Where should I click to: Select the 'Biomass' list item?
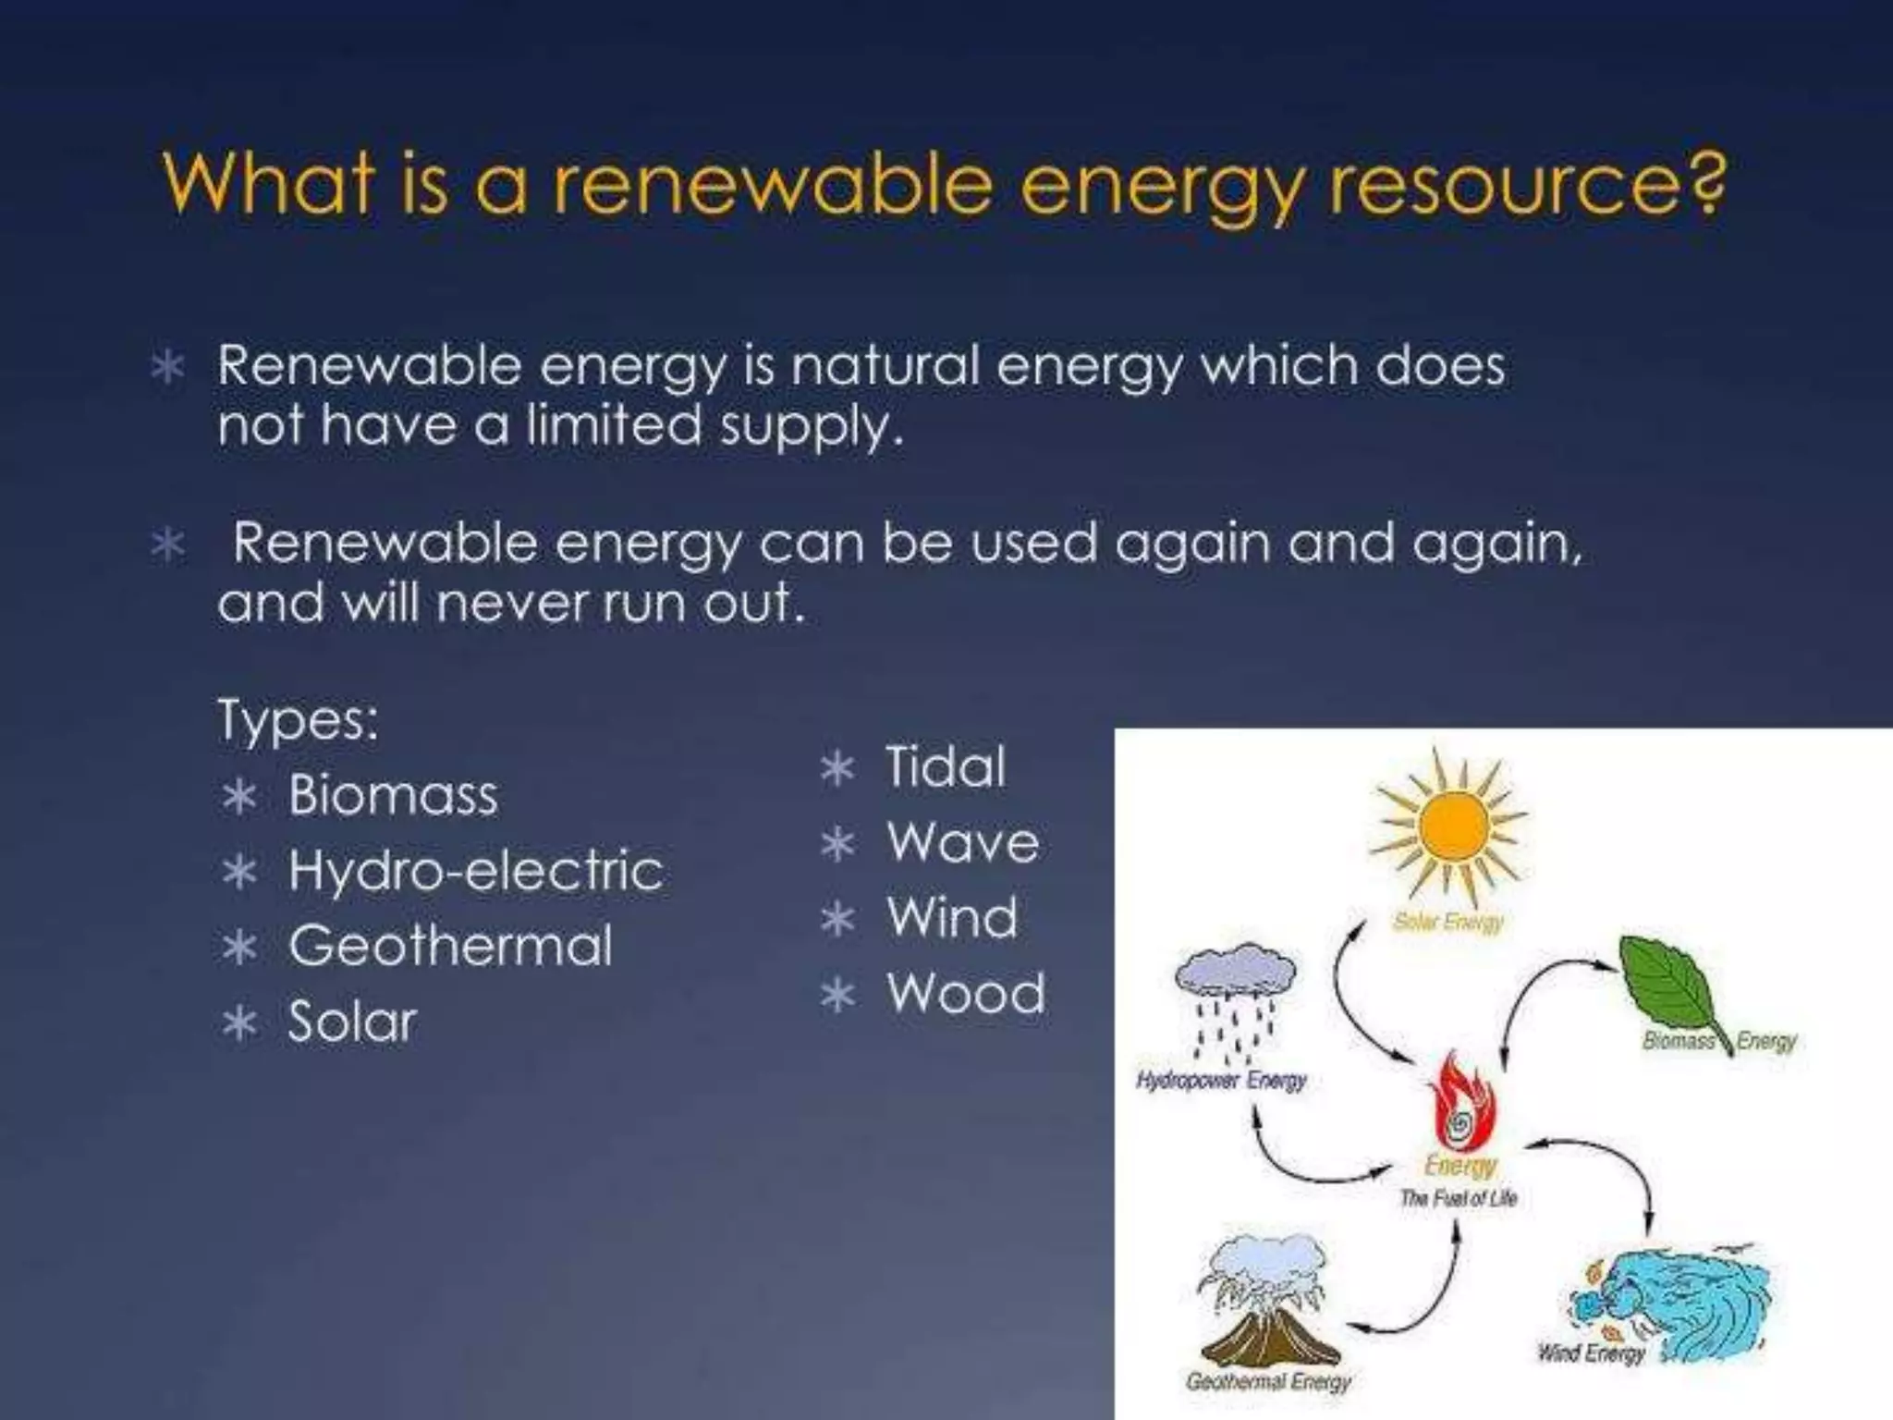pos(393,795)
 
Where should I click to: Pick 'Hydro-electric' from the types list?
pos(475,871)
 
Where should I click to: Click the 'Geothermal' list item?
pos(450,947)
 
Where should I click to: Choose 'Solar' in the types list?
pos(352,1022)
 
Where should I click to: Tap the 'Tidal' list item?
pos(946,767)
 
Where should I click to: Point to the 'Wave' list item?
pos(963,843)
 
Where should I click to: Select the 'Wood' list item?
pos(966,995)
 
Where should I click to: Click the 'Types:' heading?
pos(298,719)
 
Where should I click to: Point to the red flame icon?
pos(1460,1105)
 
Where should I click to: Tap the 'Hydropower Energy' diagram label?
pos(1221,1080)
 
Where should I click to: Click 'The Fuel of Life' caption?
pos(1459,1199)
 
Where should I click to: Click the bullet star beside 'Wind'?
pos(837,920)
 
